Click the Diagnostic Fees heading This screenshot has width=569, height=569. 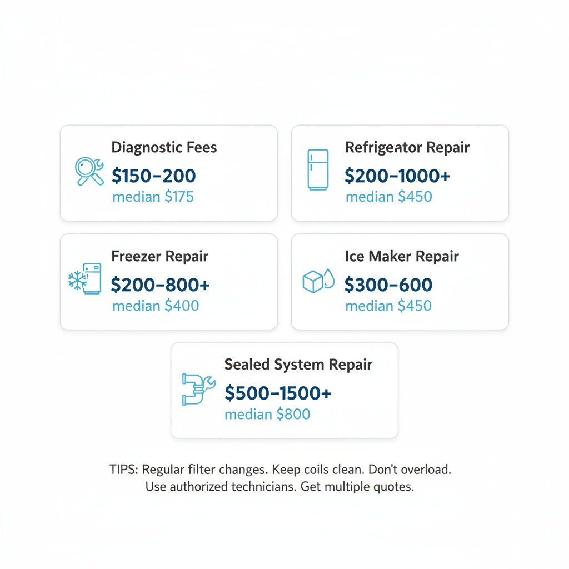164,147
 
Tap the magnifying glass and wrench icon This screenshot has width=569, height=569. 89,172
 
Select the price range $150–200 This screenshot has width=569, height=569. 154,176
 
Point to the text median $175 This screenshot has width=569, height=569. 153,197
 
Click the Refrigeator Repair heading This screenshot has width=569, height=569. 407,147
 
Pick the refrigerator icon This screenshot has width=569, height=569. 318,169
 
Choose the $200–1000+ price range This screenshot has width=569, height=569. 397,176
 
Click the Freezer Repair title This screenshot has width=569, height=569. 159,256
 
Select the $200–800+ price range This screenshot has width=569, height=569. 161,284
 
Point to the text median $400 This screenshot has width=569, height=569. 156,306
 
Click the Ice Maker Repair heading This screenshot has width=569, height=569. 402,256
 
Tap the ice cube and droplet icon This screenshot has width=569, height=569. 318,281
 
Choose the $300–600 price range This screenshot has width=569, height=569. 388,284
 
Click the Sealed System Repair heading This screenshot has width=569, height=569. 298,365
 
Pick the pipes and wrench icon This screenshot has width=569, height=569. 198,388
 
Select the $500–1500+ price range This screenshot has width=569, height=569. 278,393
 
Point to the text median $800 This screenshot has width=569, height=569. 267,414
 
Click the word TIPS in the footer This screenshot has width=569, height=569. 124,470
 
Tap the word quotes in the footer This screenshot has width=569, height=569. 394,487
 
